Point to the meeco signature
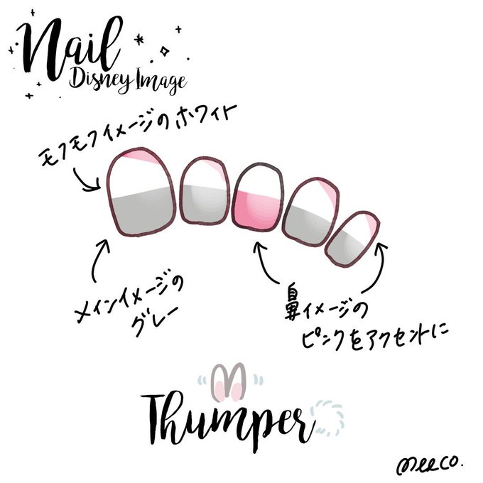[x=430, y=463]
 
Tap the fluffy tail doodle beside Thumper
[x=327, y=416]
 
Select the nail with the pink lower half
[x=258, y=197]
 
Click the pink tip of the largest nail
[x=139, y=156]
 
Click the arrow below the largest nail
[x=99, y=260]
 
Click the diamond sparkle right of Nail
[x=165, y=51]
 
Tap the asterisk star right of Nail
[x=139, y=40]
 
